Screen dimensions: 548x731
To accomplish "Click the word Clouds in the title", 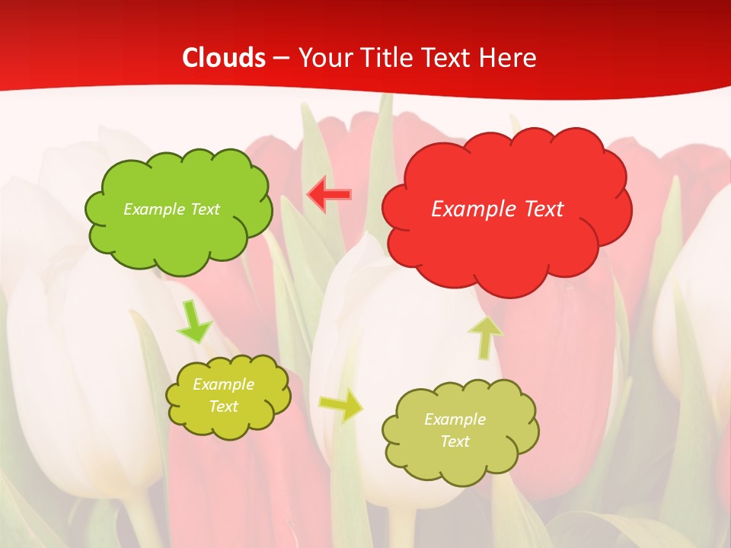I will point(224,58).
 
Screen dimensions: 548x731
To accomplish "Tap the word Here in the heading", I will point(510,58).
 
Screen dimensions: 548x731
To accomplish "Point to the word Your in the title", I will point(325,58).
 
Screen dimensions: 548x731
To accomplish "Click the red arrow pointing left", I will point(329,195).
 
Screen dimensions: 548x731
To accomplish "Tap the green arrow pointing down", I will point(193,323).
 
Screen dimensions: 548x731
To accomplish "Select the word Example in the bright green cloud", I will point(154,209).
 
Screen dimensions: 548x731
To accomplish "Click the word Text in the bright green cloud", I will point(205,209).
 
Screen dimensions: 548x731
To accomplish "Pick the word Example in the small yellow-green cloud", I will point(223,384).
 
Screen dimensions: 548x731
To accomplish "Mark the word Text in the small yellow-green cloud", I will point(223,406).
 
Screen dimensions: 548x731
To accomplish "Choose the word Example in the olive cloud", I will point(455,419).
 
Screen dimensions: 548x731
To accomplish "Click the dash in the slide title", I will point(280,58).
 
